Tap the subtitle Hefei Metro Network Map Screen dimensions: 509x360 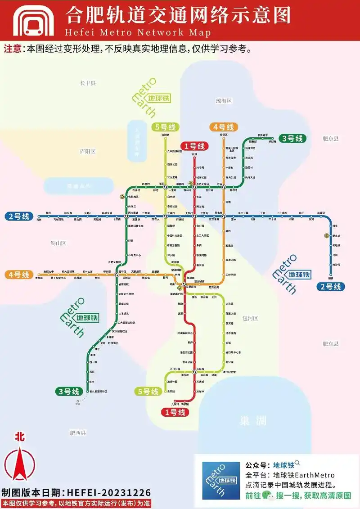click(x=138, y=33)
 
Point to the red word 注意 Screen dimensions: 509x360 click(x=12, y=49)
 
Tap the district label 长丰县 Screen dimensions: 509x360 click(x=88, y=83)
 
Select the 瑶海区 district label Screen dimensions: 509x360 click(x=223, y=101)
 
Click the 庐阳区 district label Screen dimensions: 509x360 click(x=87, y=152)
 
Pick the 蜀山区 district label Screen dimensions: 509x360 click(x=58, y=243)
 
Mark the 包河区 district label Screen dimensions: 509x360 click(x=250, y=318)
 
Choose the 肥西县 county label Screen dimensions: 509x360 click(x=78, y=433)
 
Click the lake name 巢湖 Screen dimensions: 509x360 click(x=252, y=421)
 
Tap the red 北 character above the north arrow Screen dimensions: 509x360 click(x=19, y=436)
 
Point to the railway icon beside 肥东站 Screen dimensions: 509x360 click(x=327, y=235)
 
